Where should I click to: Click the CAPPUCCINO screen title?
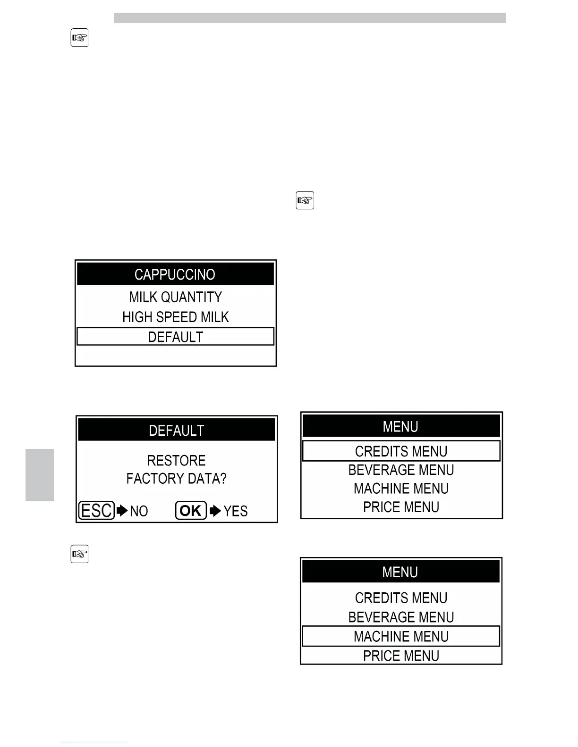175,274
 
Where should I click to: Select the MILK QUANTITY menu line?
175,297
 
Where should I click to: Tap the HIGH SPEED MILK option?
175,317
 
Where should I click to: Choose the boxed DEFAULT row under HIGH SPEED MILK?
175,337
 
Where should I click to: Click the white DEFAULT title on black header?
176,431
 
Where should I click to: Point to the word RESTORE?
176,460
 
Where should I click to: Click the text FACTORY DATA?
176,479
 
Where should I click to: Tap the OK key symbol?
191,511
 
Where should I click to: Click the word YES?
235,511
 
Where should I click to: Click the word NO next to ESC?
139,511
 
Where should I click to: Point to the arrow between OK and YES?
215,511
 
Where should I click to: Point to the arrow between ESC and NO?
122,511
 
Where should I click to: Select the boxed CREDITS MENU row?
401,451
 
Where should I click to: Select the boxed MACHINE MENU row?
401,636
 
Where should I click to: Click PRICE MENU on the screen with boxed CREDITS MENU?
401,507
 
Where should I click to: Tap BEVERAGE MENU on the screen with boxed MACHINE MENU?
401,617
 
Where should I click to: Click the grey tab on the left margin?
40,475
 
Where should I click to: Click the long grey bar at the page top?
310,18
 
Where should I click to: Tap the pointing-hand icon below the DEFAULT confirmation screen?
79,554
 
